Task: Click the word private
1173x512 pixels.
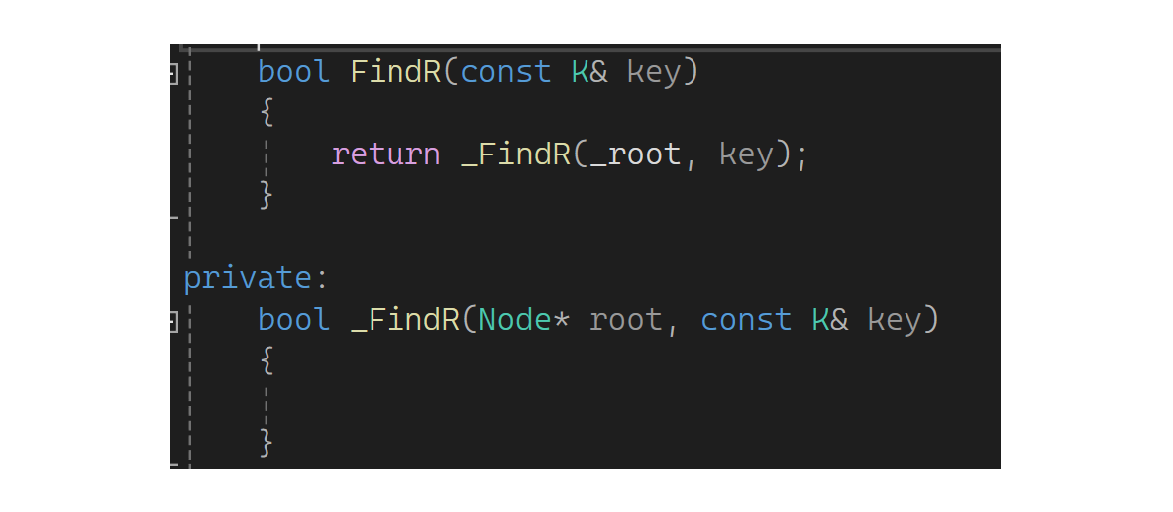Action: (x=247, y=278)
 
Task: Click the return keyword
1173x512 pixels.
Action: (x=385, y=154)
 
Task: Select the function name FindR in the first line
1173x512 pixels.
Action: (x=395, y=72)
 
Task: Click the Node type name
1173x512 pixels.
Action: (x=514, y=320)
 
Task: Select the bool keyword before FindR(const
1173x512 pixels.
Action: (x=293, y=72)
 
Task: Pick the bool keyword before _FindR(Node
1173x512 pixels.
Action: (x=293, y=320)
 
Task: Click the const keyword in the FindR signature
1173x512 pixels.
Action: (x=505, y=72)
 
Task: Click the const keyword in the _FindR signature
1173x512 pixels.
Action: (x=746, y=320)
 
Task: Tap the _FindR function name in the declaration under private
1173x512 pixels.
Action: (x=404, y=320)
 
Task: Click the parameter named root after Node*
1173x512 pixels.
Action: (x=625, y=320)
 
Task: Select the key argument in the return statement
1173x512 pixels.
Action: (x=745, y=154)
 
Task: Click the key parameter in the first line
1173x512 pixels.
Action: (x=654, y=72)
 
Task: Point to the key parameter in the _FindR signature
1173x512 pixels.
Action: (x=894, y=320)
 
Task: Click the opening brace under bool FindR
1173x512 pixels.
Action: (x=266, y=113)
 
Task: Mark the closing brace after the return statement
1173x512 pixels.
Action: (x=266, y=195)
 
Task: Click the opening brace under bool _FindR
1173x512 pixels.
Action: (x=266, y=360)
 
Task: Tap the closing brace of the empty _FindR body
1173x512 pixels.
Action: (x=266, y=442)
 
